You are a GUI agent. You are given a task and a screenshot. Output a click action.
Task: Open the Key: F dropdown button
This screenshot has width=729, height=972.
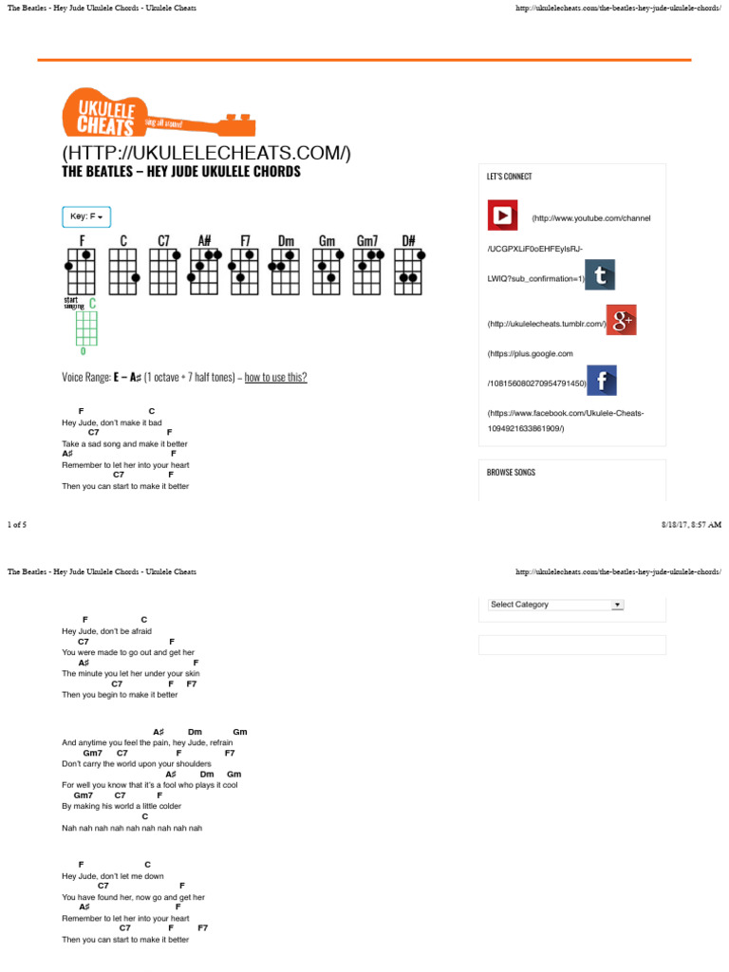[86, 216]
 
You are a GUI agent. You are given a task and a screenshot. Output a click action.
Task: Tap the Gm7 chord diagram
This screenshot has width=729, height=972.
[368, 271]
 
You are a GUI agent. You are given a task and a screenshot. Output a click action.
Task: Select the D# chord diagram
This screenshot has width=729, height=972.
[409, 271]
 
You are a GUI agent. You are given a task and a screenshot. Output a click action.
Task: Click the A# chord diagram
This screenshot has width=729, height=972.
[204, 271]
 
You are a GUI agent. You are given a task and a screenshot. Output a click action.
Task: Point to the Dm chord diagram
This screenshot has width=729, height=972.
[286, 271]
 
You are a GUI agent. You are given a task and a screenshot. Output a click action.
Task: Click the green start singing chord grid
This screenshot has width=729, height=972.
[86, 327]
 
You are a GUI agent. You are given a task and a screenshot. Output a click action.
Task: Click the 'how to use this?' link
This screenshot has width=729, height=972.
[275, 377]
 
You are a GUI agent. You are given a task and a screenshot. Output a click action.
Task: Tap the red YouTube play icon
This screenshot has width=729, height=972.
[502, 215]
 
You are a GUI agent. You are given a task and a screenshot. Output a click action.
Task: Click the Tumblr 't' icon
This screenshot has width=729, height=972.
[599, 275]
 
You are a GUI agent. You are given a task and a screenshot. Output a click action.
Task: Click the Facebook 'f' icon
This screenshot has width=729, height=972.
[602, 381]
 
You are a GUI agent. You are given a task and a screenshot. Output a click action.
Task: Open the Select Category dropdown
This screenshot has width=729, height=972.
[555, 604]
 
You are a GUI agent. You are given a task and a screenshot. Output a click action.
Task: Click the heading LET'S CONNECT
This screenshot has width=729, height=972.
[510, 177]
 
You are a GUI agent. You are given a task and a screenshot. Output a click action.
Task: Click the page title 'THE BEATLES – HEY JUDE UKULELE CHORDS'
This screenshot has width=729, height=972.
[181, 172]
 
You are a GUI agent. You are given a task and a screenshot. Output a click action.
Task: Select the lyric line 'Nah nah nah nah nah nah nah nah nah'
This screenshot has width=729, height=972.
[132, 828]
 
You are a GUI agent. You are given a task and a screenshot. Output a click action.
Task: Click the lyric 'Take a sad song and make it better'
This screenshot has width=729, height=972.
[124, 443]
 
